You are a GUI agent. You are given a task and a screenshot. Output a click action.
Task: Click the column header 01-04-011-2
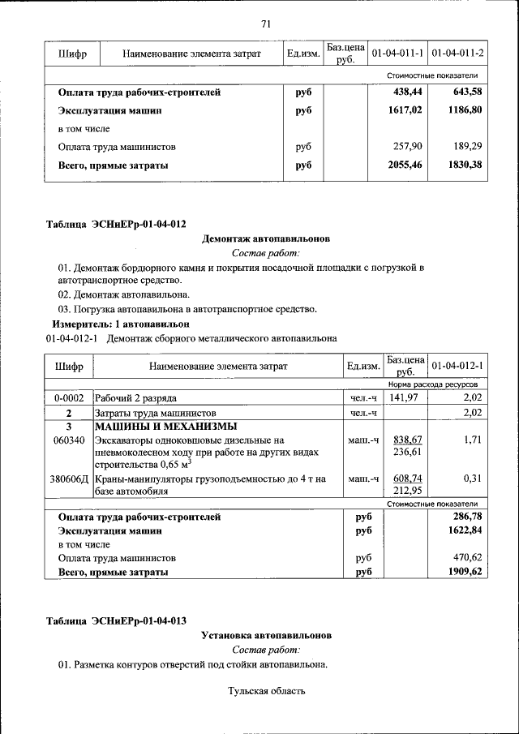[x=458, y=54]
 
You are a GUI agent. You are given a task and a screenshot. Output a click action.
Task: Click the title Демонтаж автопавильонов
[x=265, y=238]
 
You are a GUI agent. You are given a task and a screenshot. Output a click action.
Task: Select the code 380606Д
[x=69, y=479]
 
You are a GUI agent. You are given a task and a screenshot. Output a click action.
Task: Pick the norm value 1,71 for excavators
[x=473, y=440]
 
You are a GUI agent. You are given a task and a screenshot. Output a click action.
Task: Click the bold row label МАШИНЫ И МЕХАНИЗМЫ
[x=165, y=427]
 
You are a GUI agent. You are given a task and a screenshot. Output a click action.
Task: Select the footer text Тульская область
[x=266, y=691]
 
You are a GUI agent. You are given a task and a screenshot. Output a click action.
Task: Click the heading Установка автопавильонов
[x=266, y=635]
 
